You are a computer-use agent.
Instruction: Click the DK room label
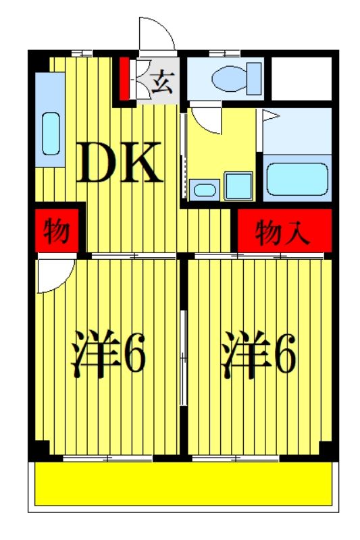coord(119,163)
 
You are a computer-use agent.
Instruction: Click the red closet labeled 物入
coord(283,232)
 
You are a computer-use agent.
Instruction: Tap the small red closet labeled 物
coord(57,232)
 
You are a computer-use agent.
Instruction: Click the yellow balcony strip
coord(182,483)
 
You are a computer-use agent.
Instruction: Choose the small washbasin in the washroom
coord(203,190)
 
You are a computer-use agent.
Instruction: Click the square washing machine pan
coord(238,185)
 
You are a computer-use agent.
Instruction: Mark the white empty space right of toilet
coord(301,76)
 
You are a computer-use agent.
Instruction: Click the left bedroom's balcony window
coord(108,458)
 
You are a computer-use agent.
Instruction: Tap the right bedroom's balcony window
coord(236,458)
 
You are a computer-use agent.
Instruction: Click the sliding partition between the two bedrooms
coord(183,358)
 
